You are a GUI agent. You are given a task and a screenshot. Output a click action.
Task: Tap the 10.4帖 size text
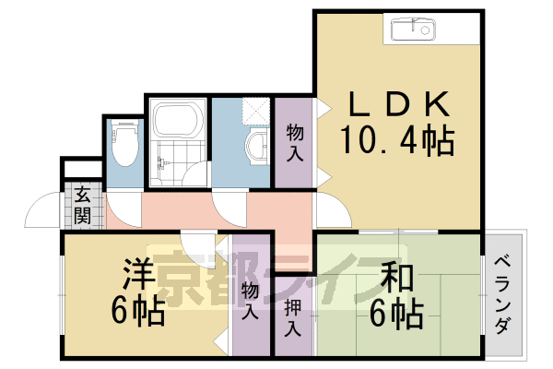397,140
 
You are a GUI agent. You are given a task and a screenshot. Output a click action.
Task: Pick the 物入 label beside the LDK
295,143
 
